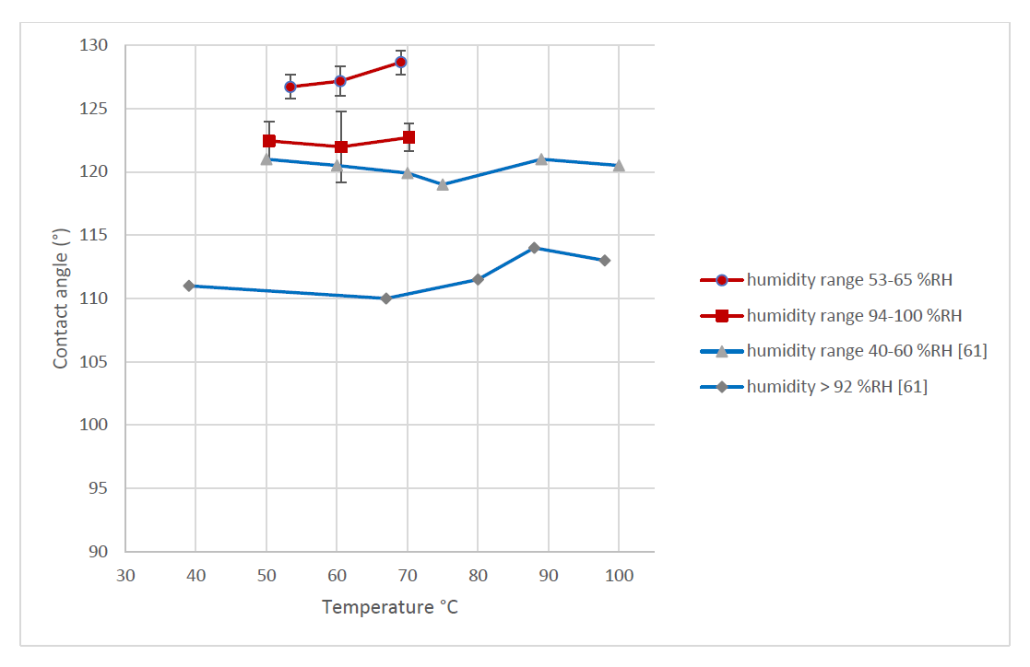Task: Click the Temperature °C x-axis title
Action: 389,608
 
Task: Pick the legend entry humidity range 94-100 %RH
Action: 854,316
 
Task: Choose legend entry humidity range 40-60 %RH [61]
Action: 867,351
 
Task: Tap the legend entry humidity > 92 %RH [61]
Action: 836,387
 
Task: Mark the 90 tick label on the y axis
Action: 100,552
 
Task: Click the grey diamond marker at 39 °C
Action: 189,286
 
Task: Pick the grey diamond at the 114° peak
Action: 534,248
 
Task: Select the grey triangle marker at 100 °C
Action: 619,166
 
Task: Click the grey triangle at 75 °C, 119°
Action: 443,184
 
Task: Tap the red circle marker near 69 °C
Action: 400,62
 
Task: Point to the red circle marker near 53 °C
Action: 290,87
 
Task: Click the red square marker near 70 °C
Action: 408,137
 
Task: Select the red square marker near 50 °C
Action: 269,141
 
